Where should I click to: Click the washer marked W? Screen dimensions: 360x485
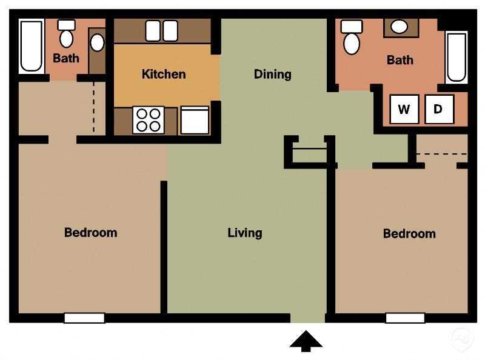404,110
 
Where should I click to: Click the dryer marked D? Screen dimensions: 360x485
439,110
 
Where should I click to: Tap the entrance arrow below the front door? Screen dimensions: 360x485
306,341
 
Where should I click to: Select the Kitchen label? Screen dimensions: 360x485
164,74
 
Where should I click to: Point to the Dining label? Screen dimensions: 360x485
272,74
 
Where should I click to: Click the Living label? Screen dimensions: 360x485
245,232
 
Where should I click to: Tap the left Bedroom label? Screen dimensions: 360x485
90,232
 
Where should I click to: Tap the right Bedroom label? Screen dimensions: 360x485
409,233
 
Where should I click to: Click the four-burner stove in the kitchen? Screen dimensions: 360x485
149,119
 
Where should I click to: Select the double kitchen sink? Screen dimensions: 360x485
162,30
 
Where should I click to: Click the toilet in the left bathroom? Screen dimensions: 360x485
66,35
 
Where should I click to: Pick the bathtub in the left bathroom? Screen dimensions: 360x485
31,47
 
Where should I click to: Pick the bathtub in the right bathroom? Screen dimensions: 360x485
457,56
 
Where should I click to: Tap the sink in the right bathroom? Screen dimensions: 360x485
399,27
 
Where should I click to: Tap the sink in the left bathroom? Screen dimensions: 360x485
97,43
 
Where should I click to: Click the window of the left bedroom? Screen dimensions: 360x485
84,318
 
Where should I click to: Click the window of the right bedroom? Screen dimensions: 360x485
405,318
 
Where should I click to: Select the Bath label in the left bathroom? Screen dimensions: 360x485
66,59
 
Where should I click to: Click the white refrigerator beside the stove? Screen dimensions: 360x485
195,120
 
